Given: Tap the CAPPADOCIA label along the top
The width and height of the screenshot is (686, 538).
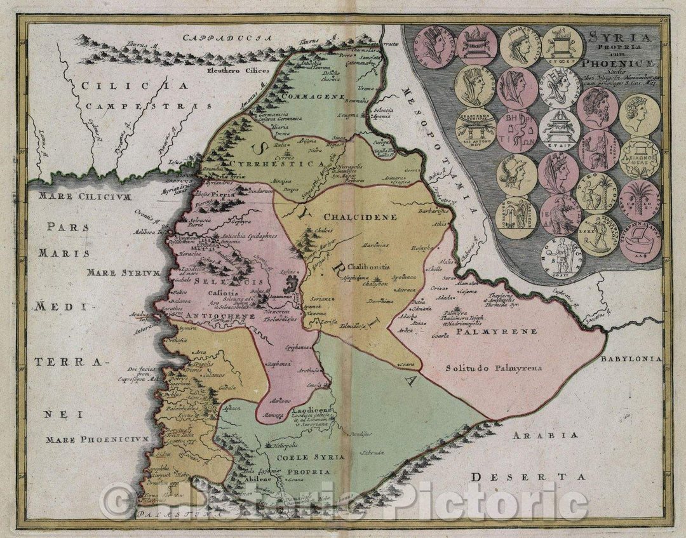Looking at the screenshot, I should tap(220, 38).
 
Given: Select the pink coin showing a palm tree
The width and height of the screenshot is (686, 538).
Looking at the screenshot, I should tap(640, 199).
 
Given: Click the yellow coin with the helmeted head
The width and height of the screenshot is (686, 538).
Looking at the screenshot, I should tap(516, 174).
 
